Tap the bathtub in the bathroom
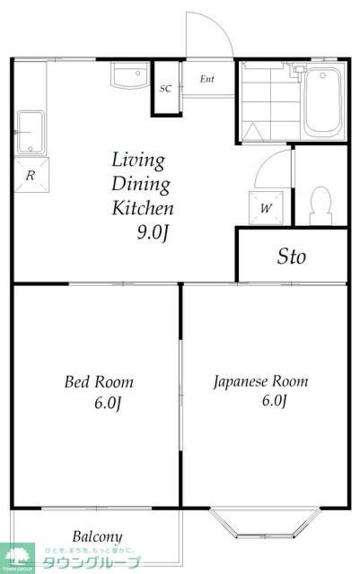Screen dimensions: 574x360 pos(323,103)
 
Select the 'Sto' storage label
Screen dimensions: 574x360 pos(292,257)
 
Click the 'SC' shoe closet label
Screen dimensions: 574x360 pos(166,89)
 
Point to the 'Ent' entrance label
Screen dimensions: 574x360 pos(207,79)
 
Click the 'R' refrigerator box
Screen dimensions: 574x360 pos(29,175)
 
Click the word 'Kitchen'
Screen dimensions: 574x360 pos(143,209)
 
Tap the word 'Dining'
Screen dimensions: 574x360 pos(141,185)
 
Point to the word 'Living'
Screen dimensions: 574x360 pos(138,160)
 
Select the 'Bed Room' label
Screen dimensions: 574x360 pos(99,381)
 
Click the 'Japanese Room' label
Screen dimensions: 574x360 pos(261,381)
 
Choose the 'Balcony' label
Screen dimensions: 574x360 pos(97,536)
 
